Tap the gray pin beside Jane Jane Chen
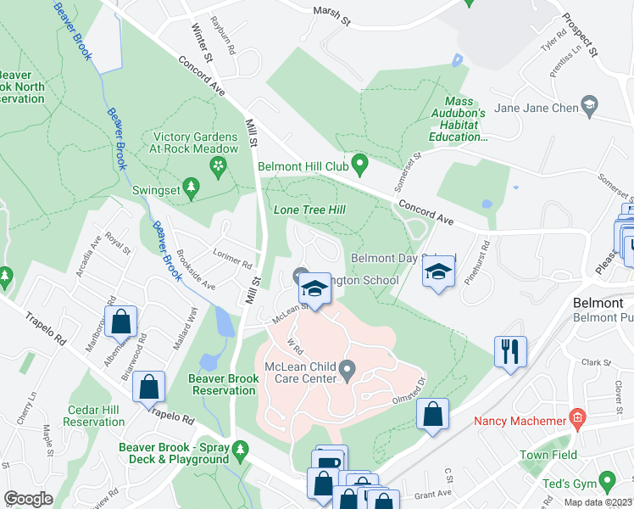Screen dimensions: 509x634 pos(590,107)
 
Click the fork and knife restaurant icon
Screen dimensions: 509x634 pos(511,350)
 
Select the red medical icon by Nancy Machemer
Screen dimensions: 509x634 pos(578,417)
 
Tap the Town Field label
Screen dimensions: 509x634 pos(548,455)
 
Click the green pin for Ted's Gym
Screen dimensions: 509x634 pos(607,483)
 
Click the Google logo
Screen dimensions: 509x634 pos(28,499)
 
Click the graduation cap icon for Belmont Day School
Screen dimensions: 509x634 pos(437,271)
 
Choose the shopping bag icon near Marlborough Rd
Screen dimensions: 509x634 pos(121,321)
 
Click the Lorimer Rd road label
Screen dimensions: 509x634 pos(233,255)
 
